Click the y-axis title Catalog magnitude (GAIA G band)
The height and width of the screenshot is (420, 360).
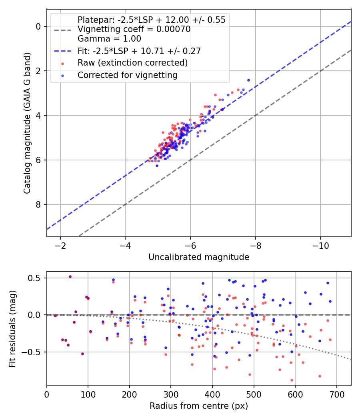coord(27,123)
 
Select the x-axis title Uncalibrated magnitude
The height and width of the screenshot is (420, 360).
coord(199,257)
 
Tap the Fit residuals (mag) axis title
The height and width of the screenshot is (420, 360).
coord(12,329)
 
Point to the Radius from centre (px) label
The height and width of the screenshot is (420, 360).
coord(199,406)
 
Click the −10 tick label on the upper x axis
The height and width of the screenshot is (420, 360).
coord(320,246)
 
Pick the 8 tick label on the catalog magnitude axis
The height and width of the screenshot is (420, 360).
coord(38,205)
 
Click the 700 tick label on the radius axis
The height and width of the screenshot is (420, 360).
coord(336,394)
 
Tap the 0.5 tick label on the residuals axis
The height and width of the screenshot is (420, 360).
coord(34,278)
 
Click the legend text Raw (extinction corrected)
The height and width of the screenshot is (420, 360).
coord(132,63)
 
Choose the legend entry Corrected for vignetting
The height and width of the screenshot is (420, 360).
coord(128,75)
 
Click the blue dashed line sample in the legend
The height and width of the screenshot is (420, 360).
coord(63,51)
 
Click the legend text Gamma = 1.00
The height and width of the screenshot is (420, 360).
coord(109,39)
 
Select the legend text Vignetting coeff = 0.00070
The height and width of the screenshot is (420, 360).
coord(134,29)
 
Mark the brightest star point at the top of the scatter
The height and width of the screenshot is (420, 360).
coord(248,80)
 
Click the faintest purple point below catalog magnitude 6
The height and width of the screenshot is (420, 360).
coord(157,166)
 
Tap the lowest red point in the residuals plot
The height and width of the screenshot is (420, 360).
coord(292,380)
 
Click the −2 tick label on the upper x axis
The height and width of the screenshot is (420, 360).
coord(60,246)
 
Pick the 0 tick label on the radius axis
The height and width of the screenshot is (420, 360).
coord(47,394)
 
